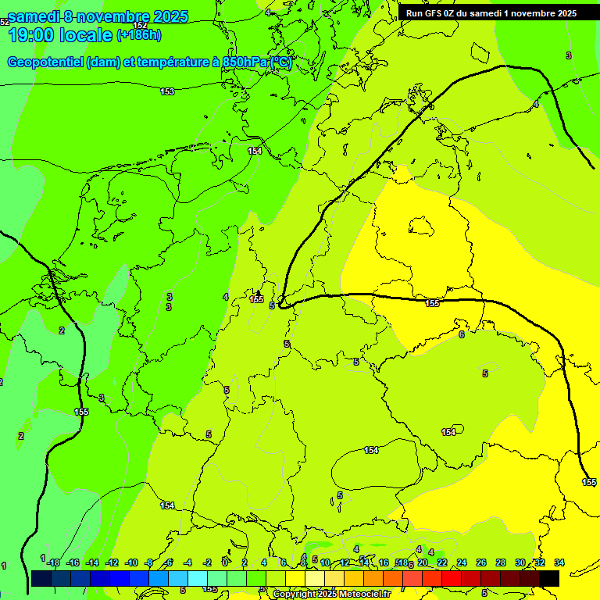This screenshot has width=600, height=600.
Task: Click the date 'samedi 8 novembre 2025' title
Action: click(98, 16)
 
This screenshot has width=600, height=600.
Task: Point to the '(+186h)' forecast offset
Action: click(139, 35)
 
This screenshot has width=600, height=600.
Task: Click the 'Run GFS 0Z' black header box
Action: click(491, 12)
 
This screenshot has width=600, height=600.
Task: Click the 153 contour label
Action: click(167, 92)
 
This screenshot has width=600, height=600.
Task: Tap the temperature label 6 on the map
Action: click(461, 334)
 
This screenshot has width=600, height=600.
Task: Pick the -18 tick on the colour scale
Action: click(52, 562)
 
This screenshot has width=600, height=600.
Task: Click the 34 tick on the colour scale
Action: click(559, 562)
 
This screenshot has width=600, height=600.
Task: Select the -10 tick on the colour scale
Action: click(130, 562)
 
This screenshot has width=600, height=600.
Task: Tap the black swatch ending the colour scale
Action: click(549, 578)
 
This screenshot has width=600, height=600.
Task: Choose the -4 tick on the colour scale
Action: click(187, 562)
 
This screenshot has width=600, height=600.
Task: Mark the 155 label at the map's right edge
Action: click(590, 482)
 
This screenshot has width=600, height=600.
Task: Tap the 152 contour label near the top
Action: click(140, 25)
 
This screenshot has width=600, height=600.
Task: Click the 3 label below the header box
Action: click(568, 55)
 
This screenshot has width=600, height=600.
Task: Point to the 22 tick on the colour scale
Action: click(442, 562)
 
